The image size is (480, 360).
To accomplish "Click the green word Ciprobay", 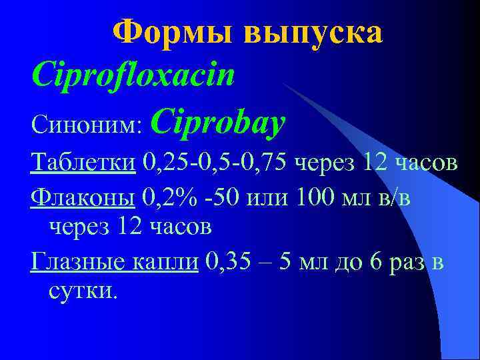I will [x=219, y=122].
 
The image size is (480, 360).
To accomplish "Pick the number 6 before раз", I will [x=376, y=262].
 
